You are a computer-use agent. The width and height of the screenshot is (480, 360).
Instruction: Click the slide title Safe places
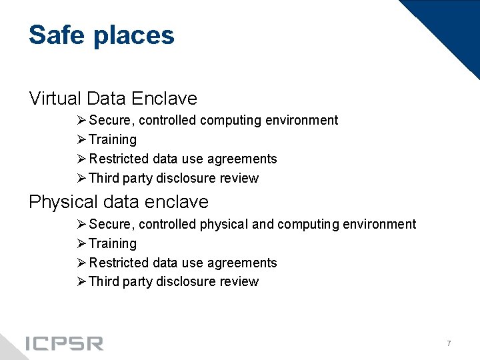pyautogui.click(x=101, y=35)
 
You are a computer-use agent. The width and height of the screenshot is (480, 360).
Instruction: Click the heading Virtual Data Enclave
pyautogui.click(x=113, y=99)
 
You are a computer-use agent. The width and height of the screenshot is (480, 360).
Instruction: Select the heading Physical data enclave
pyautogui.click(x=118, y=202)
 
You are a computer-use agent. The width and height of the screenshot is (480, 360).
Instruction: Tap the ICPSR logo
pyautogui.click(x=64, y=343)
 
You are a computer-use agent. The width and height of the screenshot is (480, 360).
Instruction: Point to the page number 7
pyautogui.click(x=449, y=343)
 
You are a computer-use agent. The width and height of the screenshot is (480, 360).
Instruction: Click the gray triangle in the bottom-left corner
pyautogui.click(x=8, y=348)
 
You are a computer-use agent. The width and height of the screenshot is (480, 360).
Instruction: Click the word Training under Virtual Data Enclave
pyautogui.click(x=112, y=140)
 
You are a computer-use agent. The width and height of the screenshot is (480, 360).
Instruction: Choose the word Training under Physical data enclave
pyautogui.click(x=112, y=244)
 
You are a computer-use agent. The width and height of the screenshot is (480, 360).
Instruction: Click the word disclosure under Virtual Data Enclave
pyautogui.click(x=185, y=178)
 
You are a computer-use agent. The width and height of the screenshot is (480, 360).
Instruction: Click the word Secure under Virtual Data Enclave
pyautogui.click(x=111, y=121)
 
